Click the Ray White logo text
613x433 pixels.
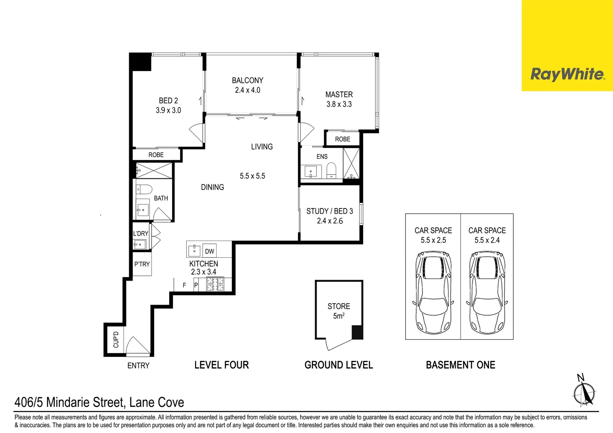tap(567, 75)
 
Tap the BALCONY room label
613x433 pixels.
tap(248, 81)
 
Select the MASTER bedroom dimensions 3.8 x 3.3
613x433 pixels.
tap(339, 104)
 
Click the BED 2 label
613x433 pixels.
tap(168, 101)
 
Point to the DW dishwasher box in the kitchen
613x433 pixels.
tap(209, 251)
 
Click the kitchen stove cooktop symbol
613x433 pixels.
tap(215, 284)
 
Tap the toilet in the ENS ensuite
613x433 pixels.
tap(331, 170)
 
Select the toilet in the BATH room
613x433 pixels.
tap(144, 189)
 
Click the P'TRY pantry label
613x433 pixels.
tap(142, 264)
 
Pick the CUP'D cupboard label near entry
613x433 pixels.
tap(116, 340)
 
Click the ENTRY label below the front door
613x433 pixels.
tap(138, 366)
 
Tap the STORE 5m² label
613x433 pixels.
tap(339, 311)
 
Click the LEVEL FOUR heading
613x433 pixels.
tap(221, 365)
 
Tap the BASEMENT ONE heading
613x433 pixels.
tap(461, 365)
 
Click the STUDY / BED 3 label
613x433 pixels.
tap(329, 211)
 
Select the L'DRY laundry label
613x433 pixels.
tap(141, 234)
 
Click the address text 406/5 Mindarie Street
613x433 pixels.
tap(99, 402)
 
